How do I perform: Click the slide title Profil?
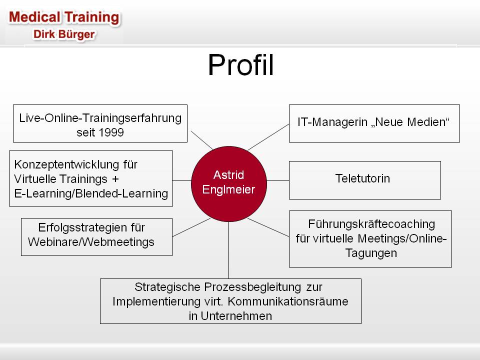point(240,64)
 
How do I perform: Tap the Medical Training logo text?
point(64,17)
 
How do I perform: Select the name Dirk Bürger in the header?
point(64,34)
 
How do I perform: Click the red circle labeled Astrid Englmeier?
point(228,183)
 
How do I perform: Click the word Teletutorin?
point(363,178)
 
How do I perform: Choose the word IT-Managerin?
point(332,122)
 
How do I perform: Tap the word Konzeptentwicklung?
point(66,164)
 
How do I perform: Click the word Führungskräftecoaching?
point(371,224)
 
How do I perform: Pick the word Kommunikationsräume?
point(288,301)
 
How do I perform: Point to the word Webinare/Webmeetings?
point(91,242)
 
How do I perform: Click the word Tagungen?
point(371,253)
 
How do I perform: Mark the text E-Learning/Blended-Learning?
point(91,193)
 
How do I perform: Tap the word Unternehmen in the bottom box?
point(236,316)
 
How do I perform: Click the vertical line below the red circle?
point(228,250)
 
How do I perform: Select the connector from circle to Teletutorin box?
point(278,180)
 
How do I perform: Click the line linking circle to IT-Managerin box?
point(268,137)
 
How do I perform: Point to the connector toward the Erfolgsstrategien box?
point(191,227)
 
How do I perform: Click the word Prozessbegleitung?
point(252,287)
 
